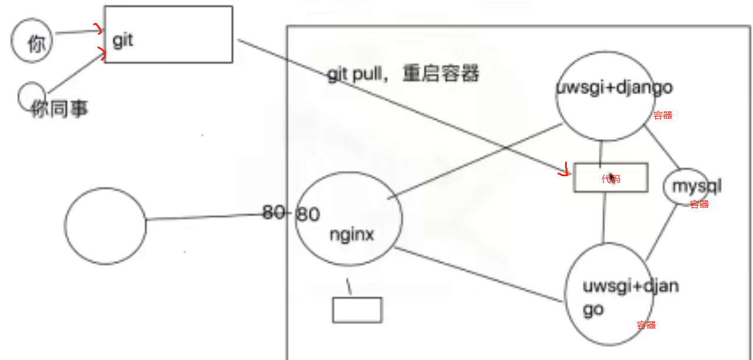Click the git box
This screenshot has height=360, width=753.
169,34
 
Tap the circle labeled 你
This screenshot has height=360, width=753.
32,41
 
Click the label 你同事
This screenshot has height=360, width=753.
60,109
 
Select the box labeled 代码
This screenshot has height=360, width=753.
611,178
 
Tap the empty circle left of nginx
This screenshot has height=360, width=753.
105,226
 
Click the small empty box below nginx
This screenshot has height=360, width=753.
357,310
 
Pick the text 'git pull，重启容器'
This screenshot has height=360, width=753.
404,75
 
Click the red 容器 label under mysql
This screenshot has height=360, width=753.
699,204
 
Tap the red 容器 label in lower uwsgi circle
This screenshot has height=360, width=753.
646,325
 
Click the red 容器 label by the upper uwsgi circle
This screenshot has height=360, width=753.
663,115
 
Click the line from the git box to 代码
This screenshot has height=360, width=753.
401,106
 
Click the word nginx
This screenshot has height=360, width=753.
352,235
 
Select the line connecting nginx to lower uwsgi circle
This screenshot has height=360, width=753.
477,275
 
